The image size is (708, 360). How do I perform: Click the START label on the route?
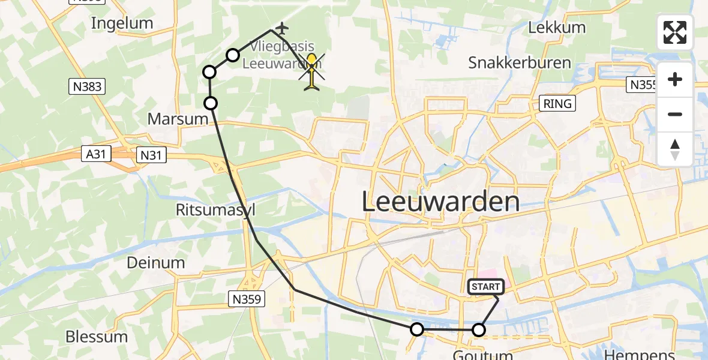(485, 287)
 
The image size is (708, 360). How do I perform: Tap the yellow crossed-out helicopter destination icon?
(312, 71)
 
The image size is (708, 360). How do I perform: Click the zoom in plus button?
(675, 79)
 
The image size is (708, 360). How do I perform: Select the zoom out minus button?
(675, 114)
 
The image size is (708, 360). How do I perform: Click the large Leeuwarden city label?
(440, 202)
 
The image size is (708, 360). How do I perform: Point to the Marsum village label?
(178, 119)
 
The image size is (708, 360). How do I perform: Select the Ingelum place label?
(122, 23)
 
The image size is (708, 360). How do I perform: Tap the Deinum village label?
(156, 263)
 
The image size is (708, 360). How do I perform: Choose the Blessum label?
(97, 336)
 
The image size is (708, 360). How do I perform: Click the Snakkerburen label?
(514, 62)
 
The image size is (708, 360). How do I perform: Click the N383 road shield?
(88, 86)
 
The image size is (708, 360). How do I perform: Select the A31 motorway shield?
(96, 154)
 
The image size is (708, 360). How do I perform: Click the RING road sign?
(557, 103)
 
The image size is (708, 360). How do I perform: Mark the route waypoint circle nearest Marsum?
(211, 103)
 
